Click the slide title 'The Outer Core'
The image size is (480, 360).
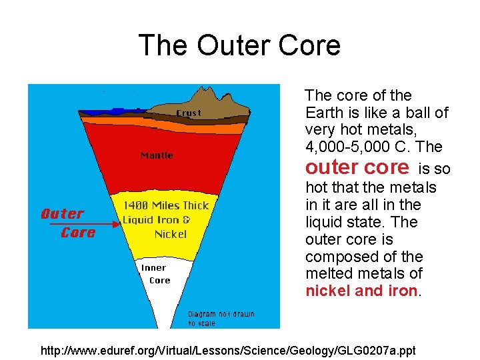coord(239,45)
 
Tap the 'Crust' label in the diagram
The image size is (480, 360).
coord(189,113)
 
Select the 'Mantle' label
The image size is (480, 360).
coord(157,155)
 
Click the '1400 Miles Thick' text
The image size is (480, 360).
coord(166,205)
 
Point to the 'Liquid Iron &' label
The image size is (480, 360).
coord(156,219)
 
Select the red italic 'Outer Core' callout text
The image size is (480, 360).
coord(68,223)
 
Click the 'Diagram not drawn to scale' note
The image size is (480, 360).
coord(221,318)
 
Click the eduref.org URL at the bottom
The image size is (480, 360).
coord(228,349)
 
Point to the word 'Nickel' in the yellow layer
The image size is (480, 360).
coord(170,234)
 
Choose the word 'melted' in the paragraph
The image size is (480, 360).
coord(328,273)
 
